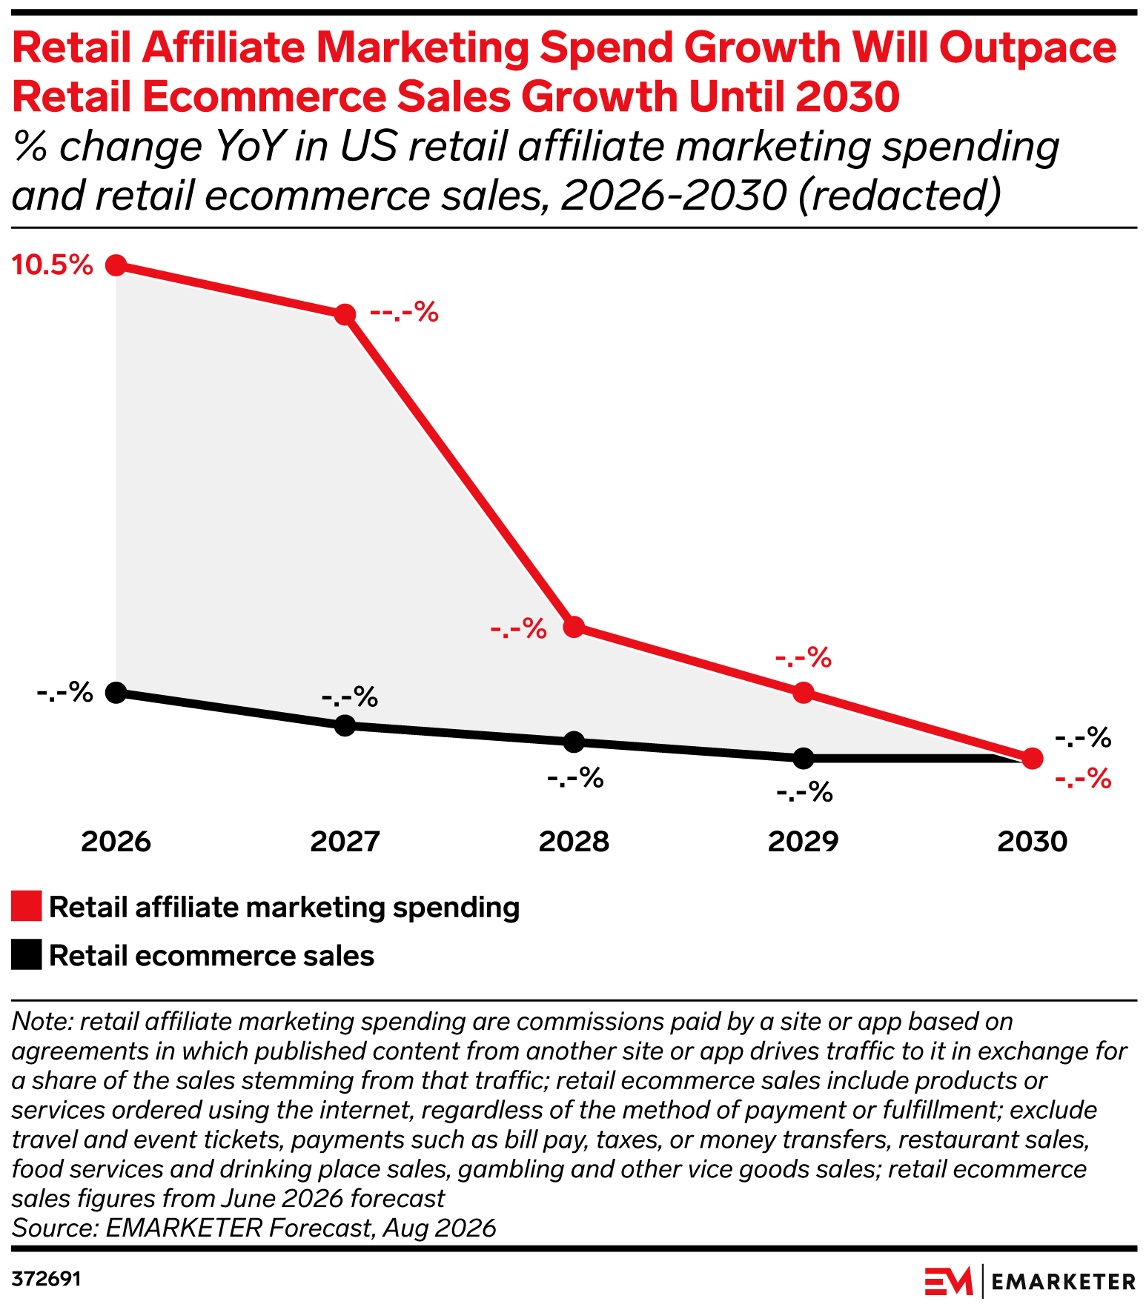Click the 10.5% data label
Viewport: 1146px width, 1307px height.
[53, 265]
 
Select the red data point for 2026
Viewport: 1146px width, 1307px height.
[116, 265]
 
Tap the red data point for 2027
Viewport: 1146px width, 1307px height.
[345, 314]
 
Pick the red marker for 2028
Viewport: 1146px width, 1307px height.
[574, 627]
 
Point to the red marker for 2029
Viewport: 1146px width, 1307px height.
[804, 693]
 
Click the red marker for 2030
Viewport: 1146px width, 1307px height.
[1033, 758]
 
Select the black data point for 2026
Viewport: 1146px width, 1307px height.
[116, 693]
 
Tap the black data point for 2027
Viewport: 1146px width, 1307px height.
[345, 725]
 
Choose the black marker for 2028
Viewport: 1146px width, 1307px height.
[574, 742]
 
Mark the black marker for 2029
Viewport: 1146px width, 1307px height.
[804, 758]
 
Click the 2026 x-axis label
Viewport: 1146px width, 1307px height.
[116, 842]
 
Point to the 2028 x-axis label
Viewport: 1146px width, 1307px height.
[574, 842]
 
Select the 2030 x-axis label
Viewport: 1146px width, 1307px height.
[1033, 842]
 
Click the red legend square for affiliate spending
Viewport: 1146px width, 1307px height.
[27, 907]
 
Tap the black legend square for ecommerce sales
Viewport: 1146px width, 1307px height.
[27, 955]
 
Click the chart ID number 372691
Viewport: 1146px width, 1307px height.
[46, 1280]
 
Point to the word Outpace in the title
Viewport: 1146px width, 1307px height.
[1028, 48]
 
